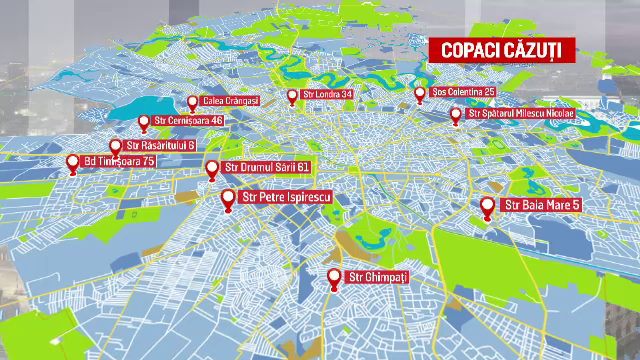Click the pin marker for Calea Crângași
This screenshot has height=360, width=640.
(x=192, y=102)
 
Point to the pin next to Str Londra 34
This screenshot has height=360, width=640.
(x=293, y=96)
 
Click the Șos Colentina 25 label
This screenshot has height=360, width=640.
(x=464, y=92)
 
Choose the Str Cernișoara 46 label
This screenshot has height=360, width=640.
(x=189, y=121)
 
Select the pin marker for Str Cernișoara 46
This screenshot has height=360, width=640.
(x=144, y=122)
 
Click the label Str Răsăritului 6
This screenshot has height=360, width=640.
(x=160, y=146)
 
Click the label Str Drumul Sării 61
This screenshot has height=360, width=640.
(x=266, y=167)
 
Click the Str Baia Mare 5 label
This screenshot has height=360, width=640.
(x=538, y=206)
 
